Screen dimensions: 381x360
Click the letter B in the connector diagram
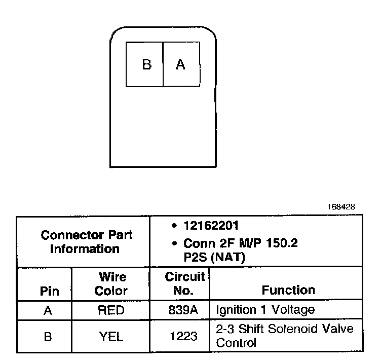coord(146,65)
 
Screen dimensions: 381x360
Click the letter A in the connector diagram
coord(180,65)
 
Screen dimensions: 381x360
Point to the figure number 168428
coord(341,207)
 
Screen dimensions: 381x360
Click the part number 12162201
coord(211,226)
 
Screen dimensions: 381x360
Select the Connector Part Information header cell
coord(86,242)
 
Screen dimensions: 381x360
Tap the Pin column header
coord(49,291)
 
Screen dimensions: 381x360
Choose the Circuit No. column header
coord(184,283)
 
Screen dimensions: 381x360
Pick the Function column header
coord(288,290)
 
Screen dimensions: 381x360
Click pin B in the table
coord(48,336)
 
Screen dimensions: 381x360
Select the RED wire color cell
coord(110,310)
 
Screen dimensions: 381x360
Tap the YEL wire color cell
coord(110,336)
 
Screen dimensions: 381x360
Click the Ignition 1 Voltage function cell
coord(265,310)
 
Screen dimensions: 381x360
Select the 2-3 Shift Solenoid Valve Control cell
coord(284,336)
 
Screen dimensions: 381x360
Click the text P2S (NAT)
coord(214,257)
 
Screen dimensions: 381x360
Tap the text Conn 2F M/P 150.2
coord(241,244)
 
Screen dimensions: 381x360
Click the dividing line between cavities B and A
coord(163,64)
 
